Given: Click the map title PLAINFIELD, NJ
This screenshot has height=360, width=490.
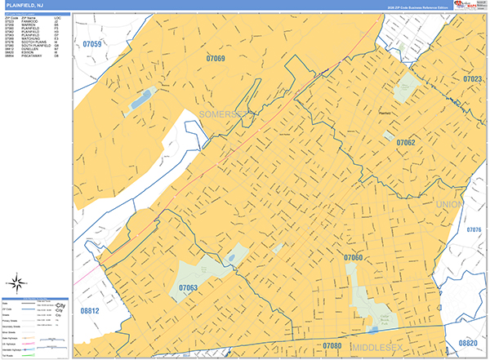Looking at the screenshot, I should tap(24, 6).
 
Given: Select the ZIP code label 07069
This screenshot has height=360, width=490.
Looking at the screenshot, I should tap(216, 58).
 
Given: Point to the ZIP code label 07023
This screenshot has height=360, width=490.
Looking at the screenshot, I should tap(473, 79).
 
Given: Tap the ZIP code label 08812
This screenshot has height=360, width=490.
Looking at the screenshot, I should tap(90, 311).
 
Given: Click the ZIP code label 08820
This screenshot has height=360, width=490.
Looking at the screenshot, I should tap(467, 343).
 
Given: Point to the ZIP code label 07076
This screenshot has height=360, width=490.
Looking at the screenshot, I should tap(474, 230).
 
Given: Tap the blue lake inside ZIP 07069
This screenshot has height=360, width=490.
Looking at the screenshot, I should tap(140, 99).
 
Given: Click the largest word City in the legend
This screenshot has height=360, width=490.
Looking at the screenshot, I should tap(58, 307).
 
